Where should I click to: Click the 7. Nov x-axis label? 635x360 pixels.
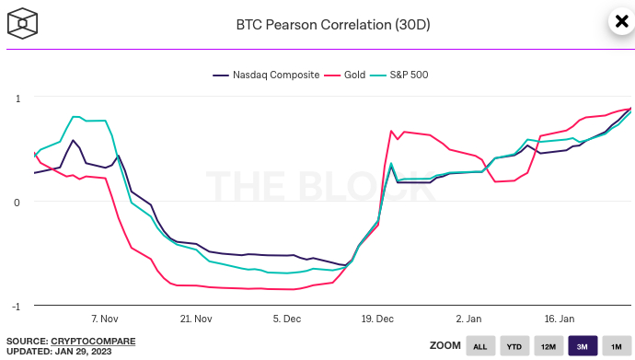coord(105,319)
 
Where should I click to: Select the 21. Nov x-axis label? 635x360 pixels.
coord(196,319)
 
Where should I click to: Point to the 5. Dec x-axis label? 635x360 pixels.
coord(287,319)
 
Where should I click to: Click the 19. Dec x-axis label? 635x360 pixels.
coord(378,319)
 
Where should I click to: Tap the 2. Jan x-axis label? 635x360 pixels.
coord(468,319)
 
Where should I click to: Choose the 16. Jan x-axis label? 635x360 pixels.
coord(560,319)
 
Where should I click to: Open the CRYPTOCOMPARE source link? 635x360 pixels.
coord(93,341)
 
